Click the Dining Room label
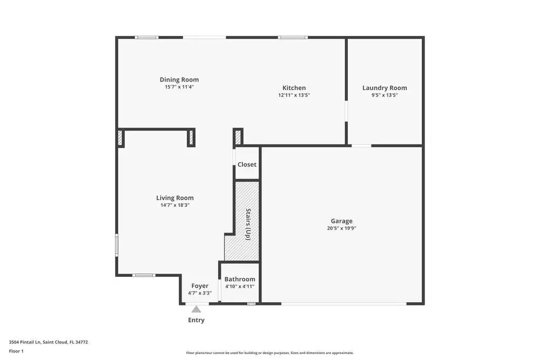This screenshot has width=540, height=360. [x=179, y=80]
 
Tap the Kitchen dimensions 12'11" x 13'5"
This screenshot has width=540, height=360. [x=294, y=95]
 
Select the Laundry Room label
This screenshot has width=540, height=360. [x=384, y=88]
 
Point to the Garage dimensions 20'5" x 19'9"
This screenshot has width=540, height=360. [x=341, y=228]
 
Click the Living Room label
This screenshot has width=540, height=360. [x=175, y=198]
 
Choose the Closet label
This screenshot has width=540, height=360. [x=247, y=165]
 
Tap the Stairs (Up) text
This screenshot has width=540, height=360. [x=248, y=224]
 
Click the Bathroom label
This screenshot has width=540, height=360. [x=240, y=280]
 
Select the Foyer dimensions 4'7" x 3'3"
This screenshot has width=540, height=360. [x=200, y=293]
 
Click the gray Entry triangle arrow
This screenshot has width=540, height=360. [x=197, y=309]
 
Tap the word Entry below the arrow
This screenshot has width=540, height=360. [x=197, y=320]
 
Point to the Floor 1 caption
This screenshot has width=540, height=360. [x=16, y=351]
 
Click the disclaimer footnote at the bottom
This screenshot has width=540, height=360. [x=270, y=352]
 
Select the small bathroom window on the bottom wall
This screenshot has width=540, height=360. [x=251, y=304]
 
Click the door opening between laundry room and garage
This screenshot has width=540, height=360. [x=361, y=146]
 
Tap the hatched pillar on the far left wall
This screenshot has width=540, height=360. [x=120, y=139]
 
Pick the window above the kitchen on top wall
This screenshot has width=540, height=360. [x=293, y=37]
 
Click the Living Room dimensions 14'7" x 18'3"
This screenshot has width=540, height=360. [x=175, y=205]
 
